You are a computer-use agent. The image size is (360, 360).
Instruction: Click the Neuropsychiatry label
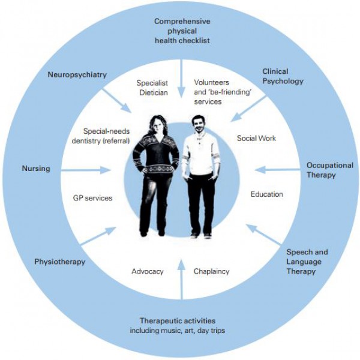point(77,75)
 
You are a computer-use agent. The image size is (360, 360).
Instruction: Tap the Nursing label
point(36,169)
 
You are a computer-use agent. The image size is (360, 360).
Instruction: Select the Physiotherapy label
point(59,262)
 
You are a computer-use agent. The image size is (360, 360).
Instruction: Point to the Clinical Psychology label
point(283,76)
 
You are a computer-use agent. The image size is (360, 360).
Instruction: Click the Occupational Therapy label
point(330,170)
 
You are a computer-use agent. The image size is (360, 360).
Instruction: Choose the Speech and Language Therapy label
point(307,262)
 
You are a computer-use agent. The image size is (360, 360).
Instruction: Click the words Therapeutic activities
point(178,320)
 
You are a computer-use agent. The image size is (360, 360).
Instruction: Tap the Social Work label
point(256,138)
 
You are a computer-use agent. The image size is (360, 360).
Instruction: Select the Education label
point(267,194)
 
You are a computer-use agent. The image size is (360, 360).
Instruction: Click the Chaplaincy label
point(211,271)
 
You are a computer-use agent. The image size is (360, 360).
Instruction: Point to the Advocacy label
point(148,271)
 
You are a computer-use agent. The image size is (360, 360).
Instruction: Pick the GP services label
point(92,198)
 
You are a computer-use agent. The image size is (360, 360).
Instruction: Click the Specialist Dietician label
point(152,88)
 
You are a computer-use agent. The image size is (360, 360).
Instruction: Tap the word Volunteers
point(211,82)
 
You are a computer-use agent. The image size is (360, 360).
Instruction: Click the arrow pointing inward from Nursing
point(86,170)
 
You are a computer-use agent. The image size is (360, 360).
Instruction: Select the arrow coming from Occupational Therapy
point(277,170)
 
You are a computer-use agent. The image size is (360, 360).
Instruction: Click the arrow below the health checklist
point(182,79)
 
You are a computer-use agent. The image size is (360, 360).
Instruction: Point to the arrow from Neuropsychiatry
point(116,101)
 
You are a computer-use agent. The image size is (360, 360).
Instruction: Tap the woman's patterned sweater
point(156,154)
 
